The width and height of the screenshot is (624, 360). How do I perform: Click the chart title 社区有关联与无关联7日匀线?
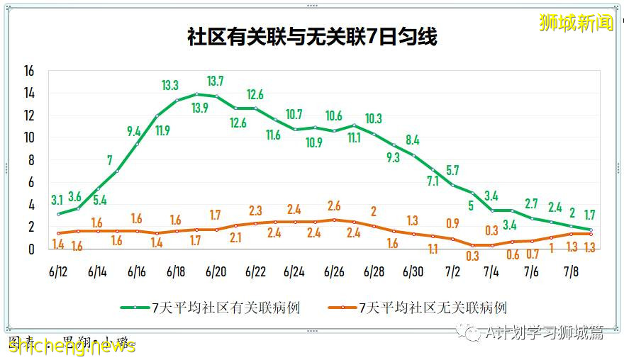pos(312,37)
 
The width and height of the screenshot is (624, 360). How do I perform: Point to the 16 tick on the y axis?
pos(29,71)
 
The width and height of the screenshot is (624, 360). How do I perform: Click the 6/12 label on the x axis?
pos(57,271)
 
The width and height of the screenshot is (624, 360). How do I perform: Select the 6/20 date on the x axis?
pos(216,271)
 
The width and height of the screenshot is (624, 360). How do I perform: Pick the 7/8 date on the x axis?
pos(572,271)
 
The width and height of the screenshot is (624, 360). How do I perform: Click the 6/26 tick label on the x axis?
pos(334,271)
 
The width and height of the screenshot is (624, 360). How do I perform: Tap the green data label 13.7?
pos(216,81)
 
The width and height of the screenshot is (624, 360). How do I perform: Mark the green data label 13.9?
pos(200,108)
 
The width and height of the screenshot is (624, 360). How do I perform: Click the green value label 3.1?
pos(58,200)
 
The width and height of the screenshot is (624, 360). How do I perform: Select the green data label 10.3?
pos(373,118)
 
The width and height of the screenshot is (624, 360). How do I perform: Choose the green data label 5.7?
pos(452,170)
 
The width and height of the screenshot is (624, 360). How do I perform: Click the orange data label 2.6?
pos(334,206)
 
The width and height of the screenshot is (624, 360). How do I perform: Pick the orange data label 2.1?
pos(235,238)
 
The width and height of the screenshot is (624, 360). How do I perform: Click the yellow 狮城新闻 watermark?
pos(576,23)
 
